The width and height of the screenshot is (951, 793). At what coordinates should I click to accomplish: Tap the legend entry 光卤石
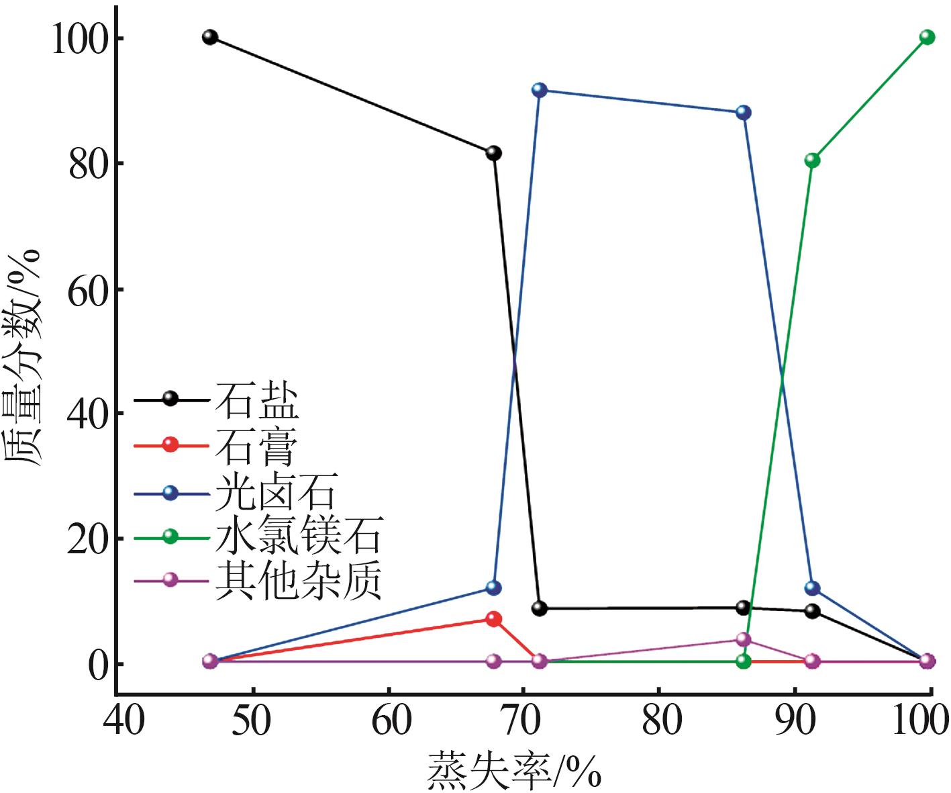click(275, 493)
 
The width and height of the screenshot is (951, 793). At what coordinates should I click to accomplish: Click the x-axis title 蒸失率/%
click(513, 771)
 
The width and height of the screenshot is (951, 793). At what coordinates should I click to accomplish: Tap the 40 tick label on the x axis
click(123, 720)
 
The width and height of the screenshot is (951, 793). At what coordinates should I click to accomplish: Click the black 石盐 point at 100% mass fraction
click(210, 37)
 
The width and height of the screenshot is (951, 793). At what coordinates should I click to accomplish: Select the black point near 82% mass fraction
click(493, 153)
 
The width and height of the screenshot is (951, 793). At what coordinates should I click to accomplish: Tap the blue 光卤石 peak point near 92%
click(539, 90)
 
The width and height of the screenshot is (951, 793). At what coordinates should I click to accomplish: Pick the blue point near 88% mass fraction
click(743, 112)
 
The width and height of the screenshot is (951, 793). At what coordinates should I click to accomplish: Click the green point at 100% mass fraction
click(927, 37)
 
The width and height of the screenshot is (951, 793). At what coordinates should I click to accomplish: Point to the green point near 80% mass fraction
click(812, 160)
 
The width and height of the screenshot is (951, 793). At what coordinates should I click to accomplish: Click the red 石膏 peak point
click(493, 619)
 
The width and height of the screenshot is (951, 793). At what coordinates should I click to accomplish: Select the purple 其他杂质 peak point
click(743, 639)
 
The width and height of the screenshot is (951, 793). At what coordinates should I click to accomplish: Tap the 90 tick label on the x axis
click(795, 720)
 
